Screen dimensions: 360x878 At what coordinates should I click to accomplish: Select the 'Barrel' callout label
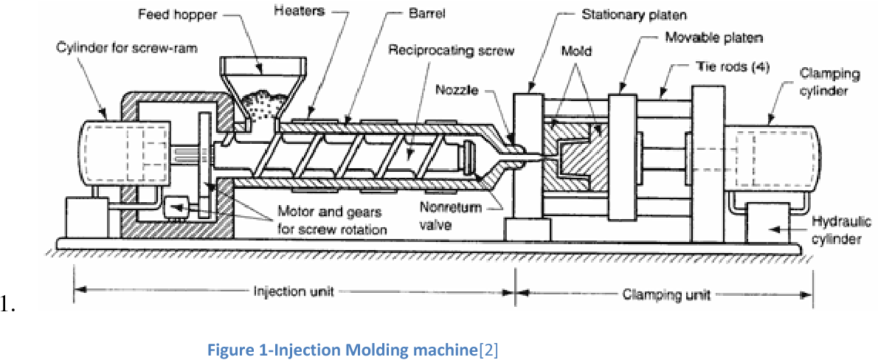(x=427, y=14)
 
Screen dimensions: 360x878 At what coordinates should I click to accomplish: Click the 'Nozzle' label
(x=457, y=91)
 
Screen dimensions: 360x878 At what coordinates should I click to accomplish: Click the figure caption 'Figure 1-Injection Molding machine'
(x=343, y=349)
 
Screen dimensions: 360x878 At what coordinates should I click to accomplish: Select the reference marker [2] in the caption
(x=489, y=349)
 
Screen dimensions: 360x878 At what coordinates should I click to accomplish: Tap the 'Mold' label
(x=576, y=52)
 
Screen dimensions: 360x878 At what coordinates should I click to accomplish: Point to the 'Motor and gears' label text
(x=329, y=212)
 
